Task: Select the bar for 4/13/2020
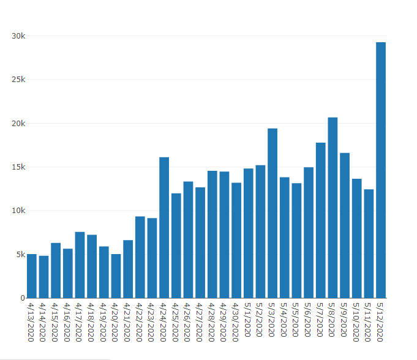[32, 276]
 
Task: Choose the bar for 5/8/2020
[332, 208]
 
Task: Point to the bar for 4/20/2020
[116, 276]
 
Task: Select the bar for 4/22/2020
[140, 257]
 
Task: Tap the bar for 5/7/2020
[321, 220]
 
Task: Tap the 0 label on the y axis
[23, 298]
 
